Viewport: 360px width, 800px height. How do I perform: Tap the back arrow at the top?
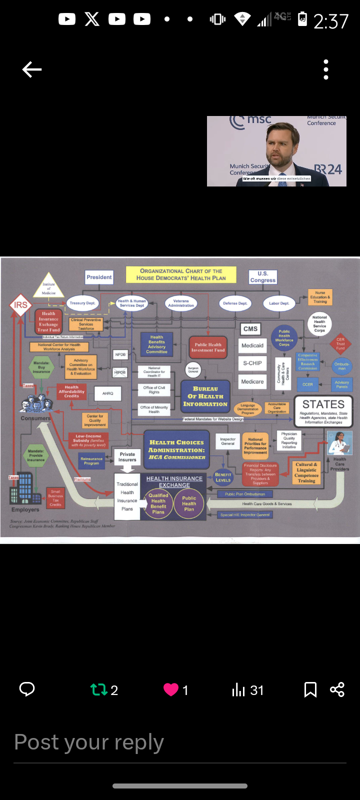[x=32, y=69]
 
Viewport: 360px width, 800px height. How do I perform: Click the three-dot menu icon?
[x=326, y=69]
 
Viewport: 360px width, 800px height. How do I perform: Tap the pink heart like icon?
[x=171, y=690]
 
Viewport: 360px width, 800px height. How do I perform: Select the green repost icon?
[x=99, y=690]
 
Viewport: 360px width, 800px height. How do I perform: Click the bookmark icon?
[x=310, y=690]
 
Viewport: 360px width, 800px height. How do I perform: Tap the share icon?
[x=337, y=690]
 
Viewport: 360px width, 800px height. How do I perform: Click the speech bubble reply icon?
[x=27, y=689]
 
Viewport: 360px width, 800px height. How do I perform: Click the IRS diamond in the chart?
[x=20, y=305]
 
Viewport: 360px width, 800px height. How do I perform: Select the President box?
[x=99, y=277]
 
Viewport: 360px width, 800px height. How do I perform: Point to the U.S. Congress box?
[x=263, y=277]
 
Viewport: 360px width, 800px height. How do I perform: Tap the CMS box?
[x=250, y=329]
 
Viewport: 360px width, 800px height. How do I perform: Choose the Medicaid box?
[x=252, y=345]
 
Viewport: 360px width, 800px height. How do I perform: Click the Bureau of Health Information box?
[x=205, y=396]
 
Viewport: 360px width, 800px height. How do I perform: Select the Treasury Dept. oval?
[x=82, y=303]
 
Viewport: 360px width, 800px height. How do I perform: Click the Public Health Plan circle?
[x=189, y=503]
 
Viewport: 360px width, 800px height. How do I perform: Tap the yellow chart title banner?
[x=181, y=274]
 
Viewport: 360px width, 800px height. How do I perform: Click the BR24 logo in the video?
[x=328, y=170]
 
